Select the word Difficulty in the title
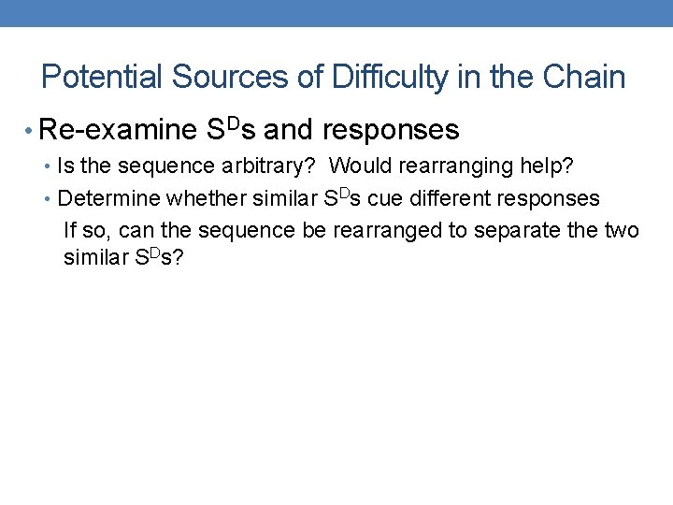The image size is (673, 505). [383, 77]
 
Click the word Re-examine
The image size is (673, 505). [124, 129]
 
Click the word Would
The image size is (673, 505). [356, 166]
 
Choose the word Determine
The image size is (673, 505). [108, 198]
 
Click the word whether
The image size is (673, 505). [200, 198]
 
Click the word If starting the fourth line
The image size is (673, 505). [69, 230]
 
